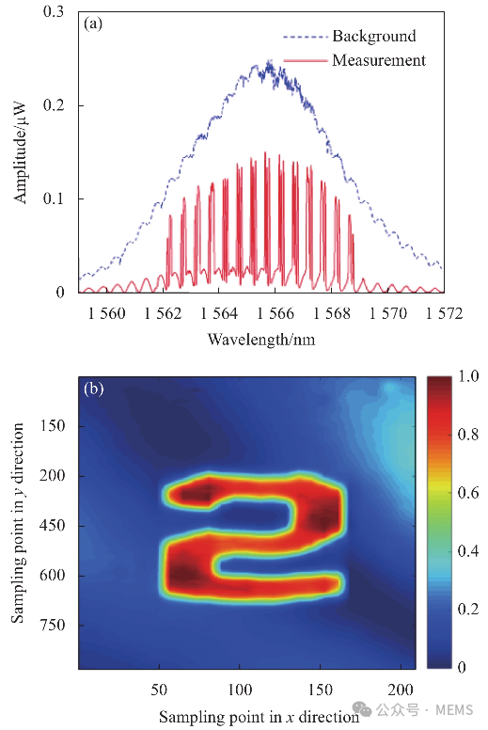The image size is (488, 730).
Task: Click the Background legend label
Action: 374,36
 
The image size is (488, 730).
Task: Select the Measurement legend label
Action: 379,60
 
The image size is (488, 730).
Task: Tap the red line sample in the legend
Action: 306,60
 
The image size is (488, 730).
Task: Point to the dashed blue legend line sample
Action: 306,37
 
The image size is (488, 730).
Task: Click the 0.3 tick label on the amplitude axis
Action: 53,11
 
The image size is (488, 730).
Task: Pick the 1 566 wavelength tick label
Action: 275,313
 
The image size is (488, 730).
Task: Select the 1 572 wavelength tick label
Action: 444,313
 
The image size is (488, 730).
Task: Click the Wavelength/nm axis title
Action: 261,340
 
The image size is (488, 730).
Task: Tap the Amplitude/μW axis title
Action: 20,152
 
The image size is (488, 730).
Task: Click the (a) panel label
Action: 93,24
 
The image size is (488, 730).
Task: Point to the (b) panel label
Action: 93,389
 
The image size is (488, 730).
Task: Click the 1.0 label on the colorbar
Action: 468,376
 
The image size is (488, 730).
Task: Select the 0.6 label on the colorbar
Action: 468,493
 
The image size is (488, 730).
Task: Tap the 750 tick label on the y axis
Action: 52,625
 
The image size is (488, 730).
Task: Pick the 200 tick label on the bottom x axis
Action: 401,690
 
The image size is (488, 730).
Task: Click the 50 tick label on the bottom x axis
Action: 159,690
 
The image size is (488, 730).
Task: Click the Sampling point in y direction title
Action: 18,523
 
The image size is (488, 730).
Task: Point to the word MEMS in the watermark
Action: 454,710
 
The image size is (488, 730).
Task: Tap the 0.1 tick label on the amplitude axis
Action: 53,198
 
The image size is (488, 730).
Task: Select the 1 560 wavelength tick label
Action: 107,313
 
